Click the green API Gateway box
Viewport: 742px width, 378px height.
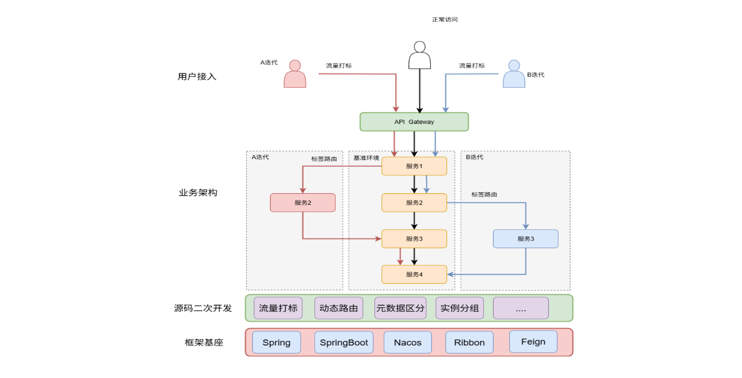414,122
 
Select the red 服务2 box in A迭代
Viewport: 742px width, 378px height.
302,203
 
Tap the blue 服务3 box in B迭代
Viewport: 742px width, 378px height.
525,239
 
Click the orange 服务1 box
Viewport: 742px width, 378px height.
414,166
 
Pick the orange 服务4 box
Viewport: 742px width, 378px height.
414,274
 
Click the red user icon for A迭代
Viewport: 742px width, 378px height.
295,74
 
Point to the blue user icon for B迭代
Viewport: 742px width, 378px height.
514,74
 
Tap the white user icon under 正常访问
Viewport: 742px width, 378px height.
419,56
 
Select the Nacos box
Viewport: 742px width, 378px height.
408,342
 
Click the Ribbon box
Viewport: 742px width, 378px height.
469,342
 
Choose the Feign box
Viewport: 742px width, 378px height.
533,342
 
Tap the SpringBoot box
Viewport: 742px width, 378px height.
344,342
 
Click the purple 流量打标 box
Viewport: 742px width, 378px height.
278,308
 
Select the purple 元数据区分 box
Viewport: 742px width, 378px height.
400,308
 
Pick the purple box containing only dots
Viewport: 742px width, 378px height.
521,308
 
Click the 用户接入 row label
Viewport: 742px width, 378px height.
197,77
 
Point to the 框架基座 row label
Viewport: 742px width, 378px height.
204,342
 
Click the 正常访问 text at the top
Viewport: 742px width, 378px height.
445,20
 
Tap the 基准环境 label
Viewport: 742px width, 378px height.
366,158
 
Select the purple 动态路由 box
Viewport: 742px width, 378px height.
338,308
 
